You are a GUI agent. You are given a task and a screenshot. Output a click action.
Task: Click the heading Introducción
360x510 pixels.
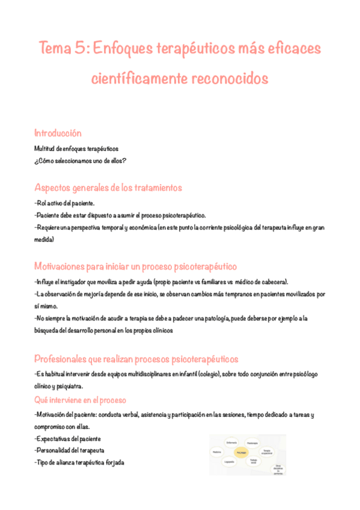[x=58, y=133]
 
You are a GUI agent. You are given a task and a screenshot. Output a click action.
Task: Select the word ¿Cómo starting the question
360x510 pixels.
[x=46, y=160]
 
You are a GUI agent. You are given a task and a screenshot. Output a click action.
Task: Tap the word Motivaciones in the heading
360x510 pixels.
[x=66, y=266]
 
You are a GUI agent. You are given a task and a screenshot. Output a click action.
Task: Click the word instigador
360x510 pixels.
[x=73, y=281]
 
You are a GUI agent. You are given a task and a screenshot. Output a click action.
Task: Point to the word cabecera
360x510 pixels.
[x=272, y=281]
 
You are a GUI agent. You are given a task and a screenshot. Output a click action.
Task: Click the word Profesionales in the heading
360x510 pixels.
[x=68, y=359]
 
